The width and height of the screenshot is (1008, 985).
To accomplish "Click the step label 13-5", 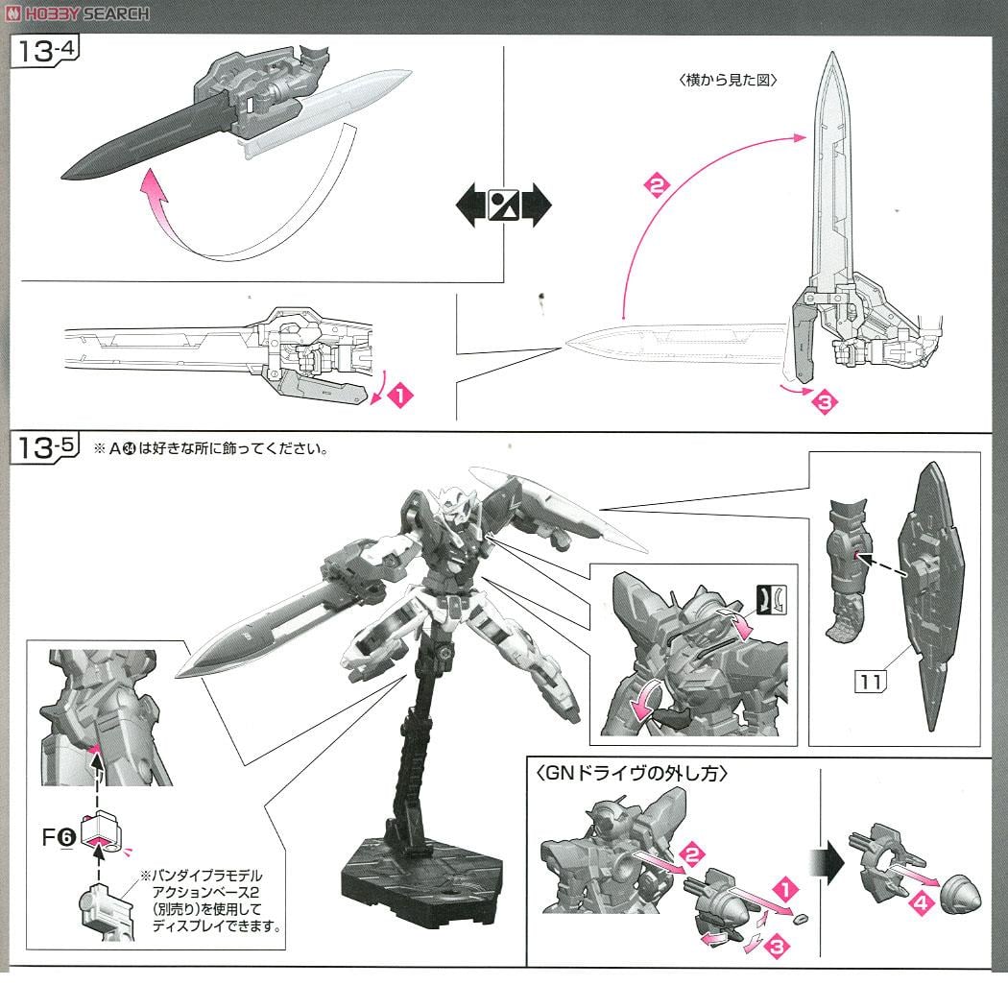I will coord(44,448).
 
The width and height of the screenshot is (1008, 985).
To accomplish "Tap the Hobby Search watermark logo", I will coord(77,12).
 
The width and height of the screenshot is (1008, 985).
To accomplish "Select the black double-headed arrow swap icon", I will coord(504,205).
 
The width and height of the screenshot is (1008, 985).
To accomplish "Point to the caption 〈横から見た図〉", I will coord(727,81).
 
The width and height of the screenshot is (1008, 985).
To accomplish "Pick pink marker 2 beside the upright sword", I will coord(655,188).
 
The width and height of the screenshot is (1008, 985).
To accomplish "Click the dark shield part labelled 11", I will coord(929,595).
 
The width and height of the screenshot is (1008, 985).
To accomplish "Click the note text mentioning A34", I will coord(211,449).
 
